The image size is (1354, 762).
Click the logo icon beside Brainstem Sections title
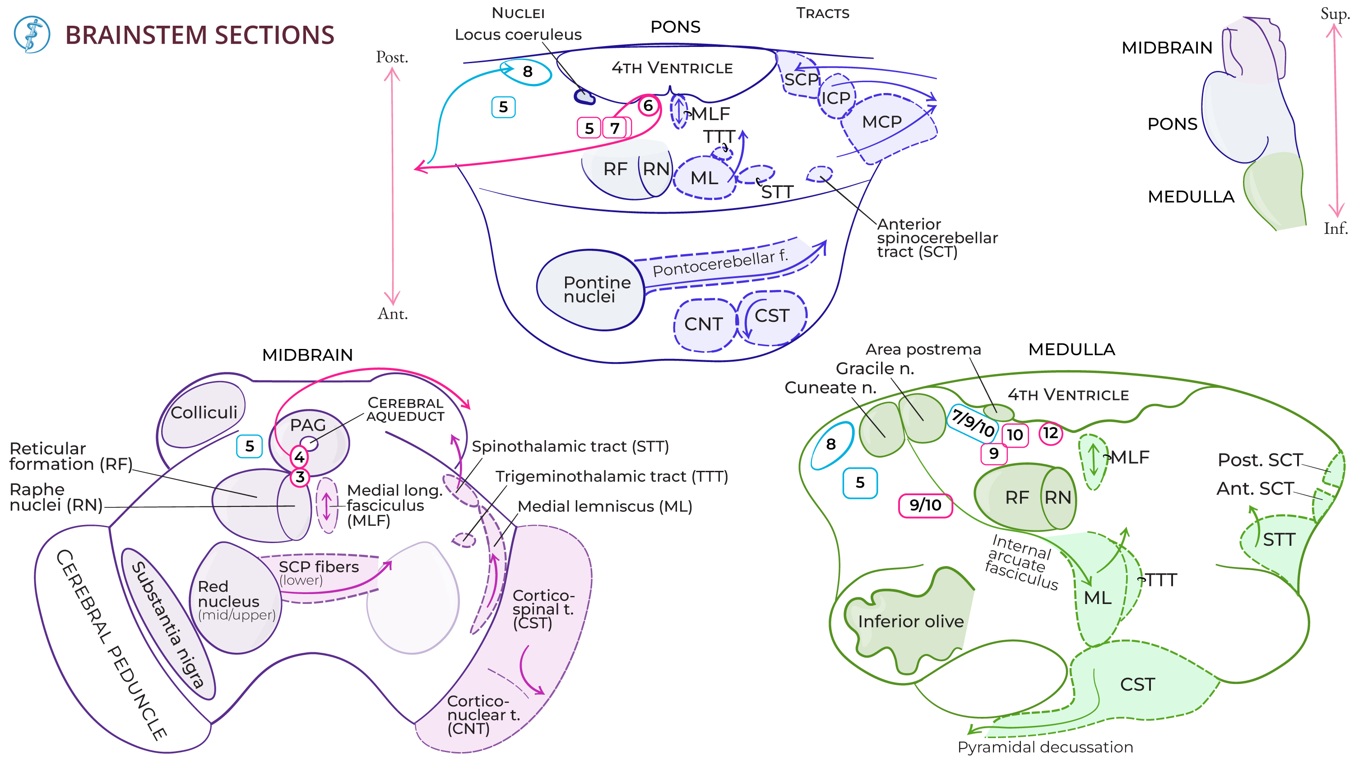click(x=32, y=34)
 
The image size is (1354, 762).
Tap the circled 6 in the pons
click(x=648, y=106)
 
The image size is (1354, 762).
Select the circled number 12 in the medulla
click(x=1050, y=433)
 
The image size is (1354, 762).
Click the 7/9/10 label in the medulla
click(x=974, y=422)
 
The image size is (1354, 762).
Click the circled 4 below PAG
click(x=299, y=456)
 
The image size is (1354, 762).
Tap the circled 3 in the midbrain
click(x=300, y=477)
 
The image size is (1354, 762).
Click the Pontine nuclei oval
click(x=590, y=290)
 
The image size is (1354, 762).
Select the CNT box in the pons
click(x=703, y=324)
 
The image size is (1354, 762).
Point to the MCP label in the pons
click(x=881, y=122)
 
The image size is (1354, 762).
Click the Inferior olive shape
click(x=910, y=621)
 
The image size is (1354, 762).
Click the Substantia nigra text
click(x=167, y=625)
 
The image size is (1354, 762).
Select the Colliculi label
click(x=204, y=412)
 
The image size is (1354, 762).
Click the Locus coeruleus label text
click(x=518, y=35)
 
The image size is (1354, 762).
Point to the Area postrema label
click(x=923, y=349)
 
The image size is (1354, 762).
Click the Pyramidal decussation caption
click(x=1044, y=747)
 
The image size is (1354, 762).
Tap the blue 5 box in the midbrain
click(x=249, y=446)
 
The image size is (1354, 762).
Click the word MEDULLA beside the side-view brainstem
click(x=1191, y=197)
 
